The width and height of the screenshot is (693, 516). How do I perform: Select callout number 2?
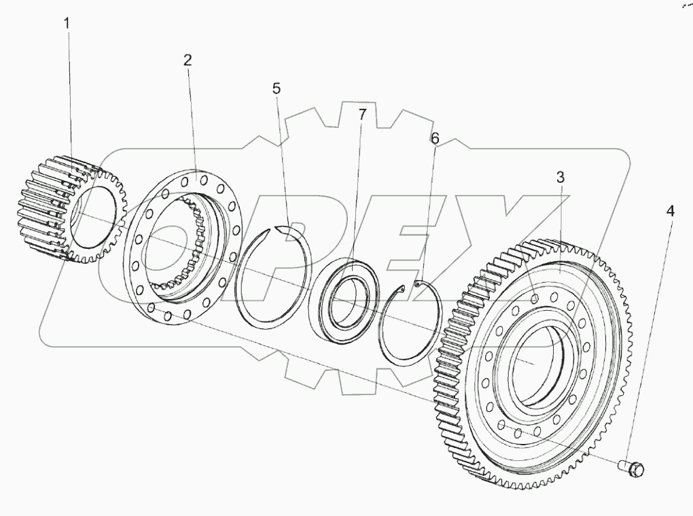(187, 59)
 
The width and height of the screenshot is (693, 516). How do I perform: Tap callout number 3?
(559, 177)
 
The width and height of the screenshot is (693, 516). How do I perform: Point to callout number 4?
(670, 211)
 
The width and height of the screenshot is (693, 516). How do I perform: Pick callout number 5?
(276, 88)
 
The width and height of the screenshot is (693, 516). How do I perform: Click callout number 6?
(435, 138)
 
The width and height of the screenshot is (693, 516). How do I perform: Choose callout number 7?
(362, 114)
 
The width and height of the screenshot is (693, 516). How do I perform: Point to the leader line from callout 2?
(193, 122)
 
